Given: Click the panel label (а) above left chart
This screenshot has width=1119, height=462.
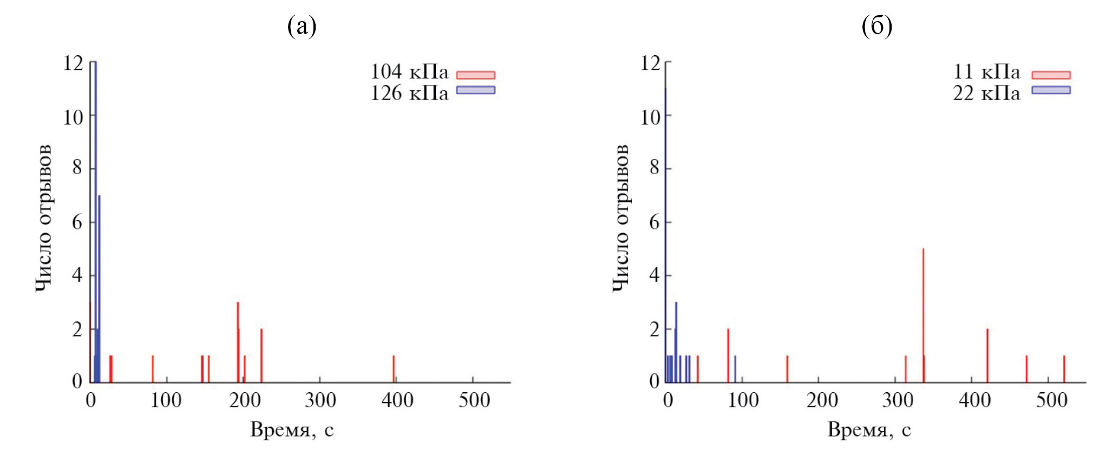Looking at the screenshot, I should click(302, 26).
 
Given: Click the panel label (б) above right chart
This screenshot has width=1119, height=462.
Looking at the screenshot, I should click(876, 26).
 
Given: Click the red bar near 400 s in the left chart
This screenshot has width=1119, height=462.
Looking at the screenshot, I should click(394, 369).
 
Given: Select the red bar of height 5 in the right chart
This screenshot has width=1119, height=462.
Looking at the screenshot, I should click(923, 314).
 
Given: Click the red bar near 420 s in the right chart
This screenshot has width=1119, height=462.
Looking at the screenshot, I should click(987, 355).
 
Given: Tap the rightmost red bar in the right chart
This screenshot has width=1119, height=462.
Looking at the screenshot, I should click(1064, 369).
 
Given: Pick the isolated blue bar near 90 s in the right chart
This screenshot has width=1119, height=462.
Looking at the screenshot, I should click(735, 369).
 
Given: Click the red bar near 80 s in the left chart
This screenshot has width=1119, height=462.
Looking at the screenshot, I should click(153, 369).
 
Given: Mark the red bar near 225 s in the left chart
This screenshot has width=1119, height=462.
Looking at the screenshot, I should click(261, 355).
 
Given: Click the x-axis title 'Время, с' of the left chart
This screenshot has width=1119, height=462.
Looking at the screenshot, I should click(292, 430).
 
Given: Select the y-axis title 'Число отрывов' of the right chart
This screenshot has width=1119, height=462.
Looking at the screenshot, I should click(621, 218).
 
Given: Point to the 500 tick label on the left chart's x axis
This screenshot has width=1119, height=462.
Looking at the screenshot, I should click(474, 400).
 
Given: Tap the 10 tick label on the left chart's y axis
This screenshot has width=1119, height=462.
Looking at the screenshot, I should click(73, 117).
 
